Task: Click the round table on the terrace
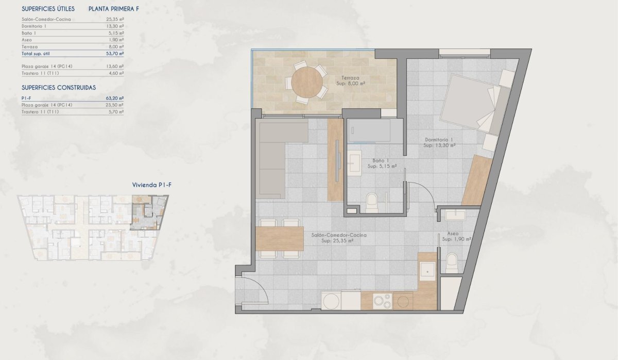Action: coord(307,82)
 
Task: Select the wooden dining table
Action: coord(279,238)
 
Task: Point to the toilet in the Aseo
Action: coord(452,261)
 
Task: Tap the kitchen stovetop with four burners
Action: coord(383,301)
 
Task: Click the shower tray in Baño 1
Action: coord(368,131)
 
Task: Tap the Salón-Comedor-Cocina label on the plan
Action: coord(339,235)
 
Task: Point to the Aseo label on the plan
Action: coord(453,233)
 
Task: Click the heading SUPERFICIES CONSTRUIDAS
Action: coord(59,87)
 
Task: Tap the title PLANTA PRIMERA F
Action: coord(114,9)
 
